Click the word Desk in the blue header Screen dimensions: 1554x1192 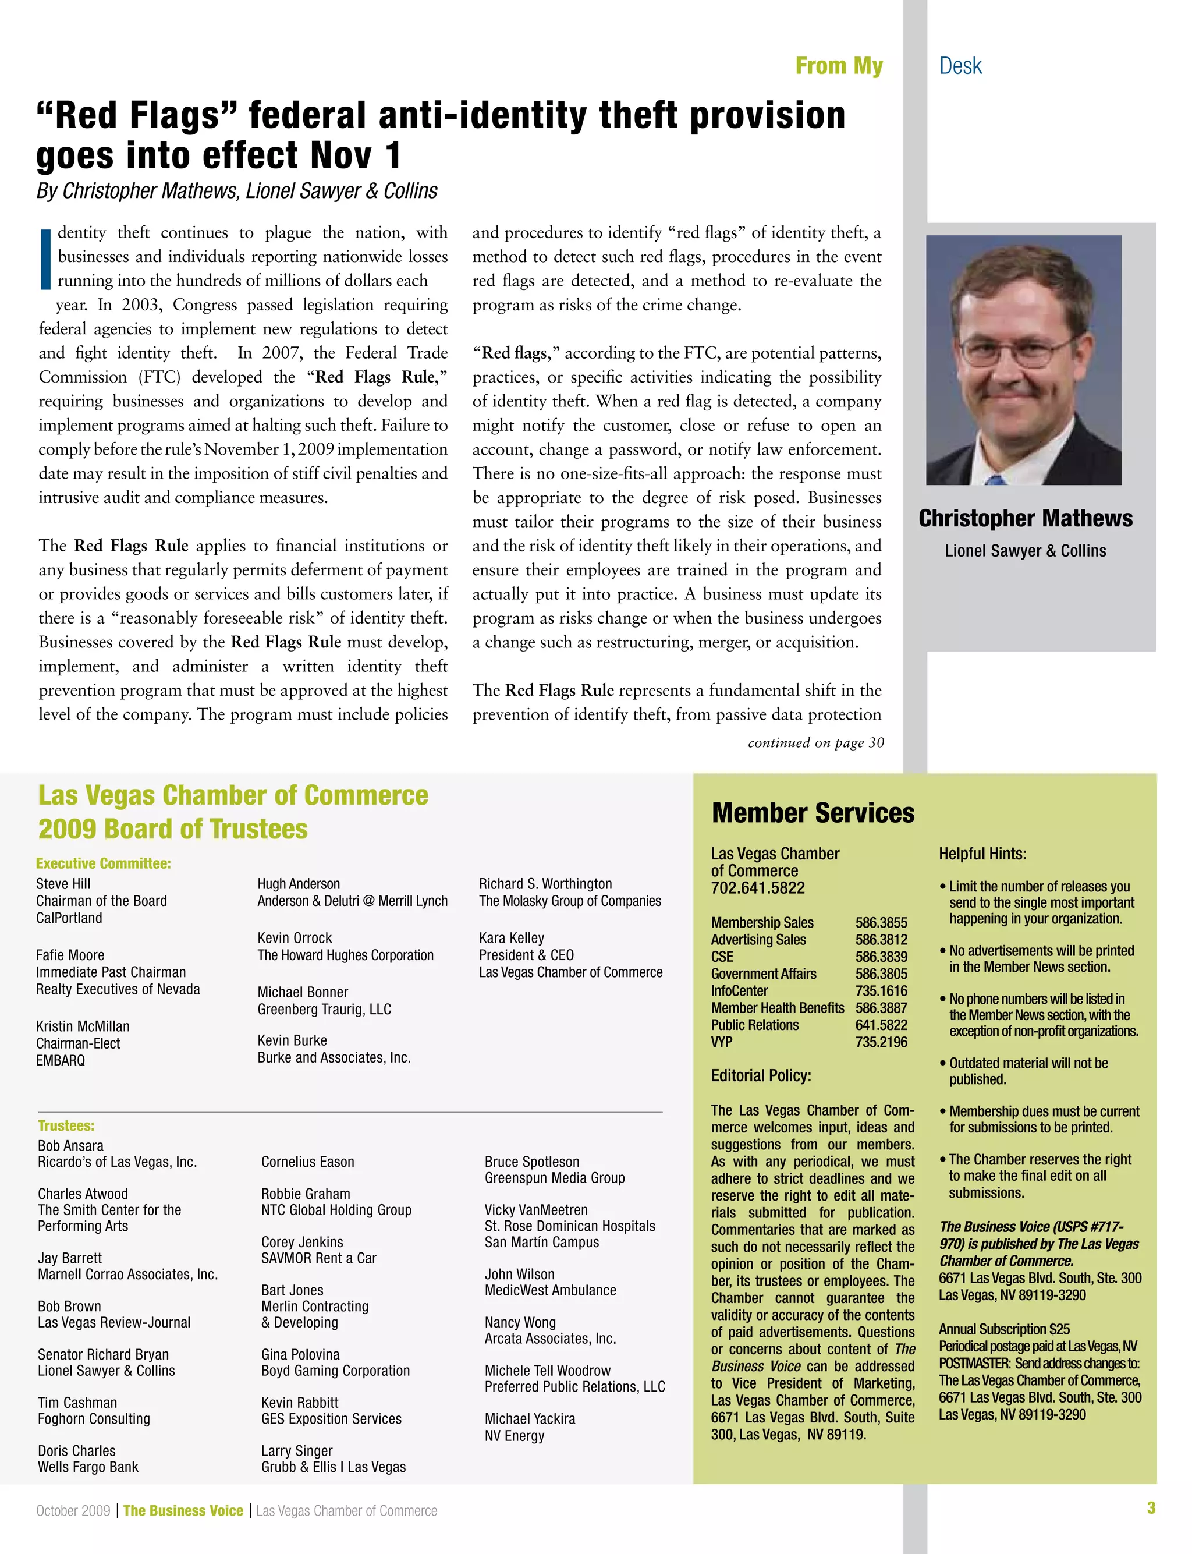[x=960, y=66]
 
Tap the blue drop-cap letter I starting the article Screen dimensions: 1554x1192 [x=45, y=259]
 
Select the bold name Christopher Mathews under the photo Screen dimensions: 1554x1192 [x=1026, y=519]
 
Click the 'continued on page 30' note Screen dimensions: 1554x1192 [x=815, y=742]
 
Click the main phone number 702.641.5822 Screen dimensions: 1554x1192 [x=758, y=888]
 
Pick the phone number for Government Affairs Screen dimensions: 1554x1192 [x=881, y=974]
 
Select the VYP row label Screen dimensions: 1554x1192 [x=722, y=1042]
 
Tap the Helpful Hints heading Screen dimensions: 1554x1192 [x=982, y=854]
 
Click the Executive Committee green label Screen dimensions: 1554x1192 [x=103, y=863]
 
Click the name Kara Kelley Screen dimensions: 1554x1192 [x=511, y=938]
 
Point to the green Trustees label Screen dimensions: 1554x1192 [x=66, y=1125]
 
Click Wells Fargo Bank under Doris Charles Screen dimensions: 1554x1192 [x=88, y=1467]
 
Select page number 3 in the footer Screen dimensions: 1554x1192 [x=1151, y=1508]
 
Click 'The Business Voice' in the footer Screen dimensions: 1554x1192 [x=183, y=1511]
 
